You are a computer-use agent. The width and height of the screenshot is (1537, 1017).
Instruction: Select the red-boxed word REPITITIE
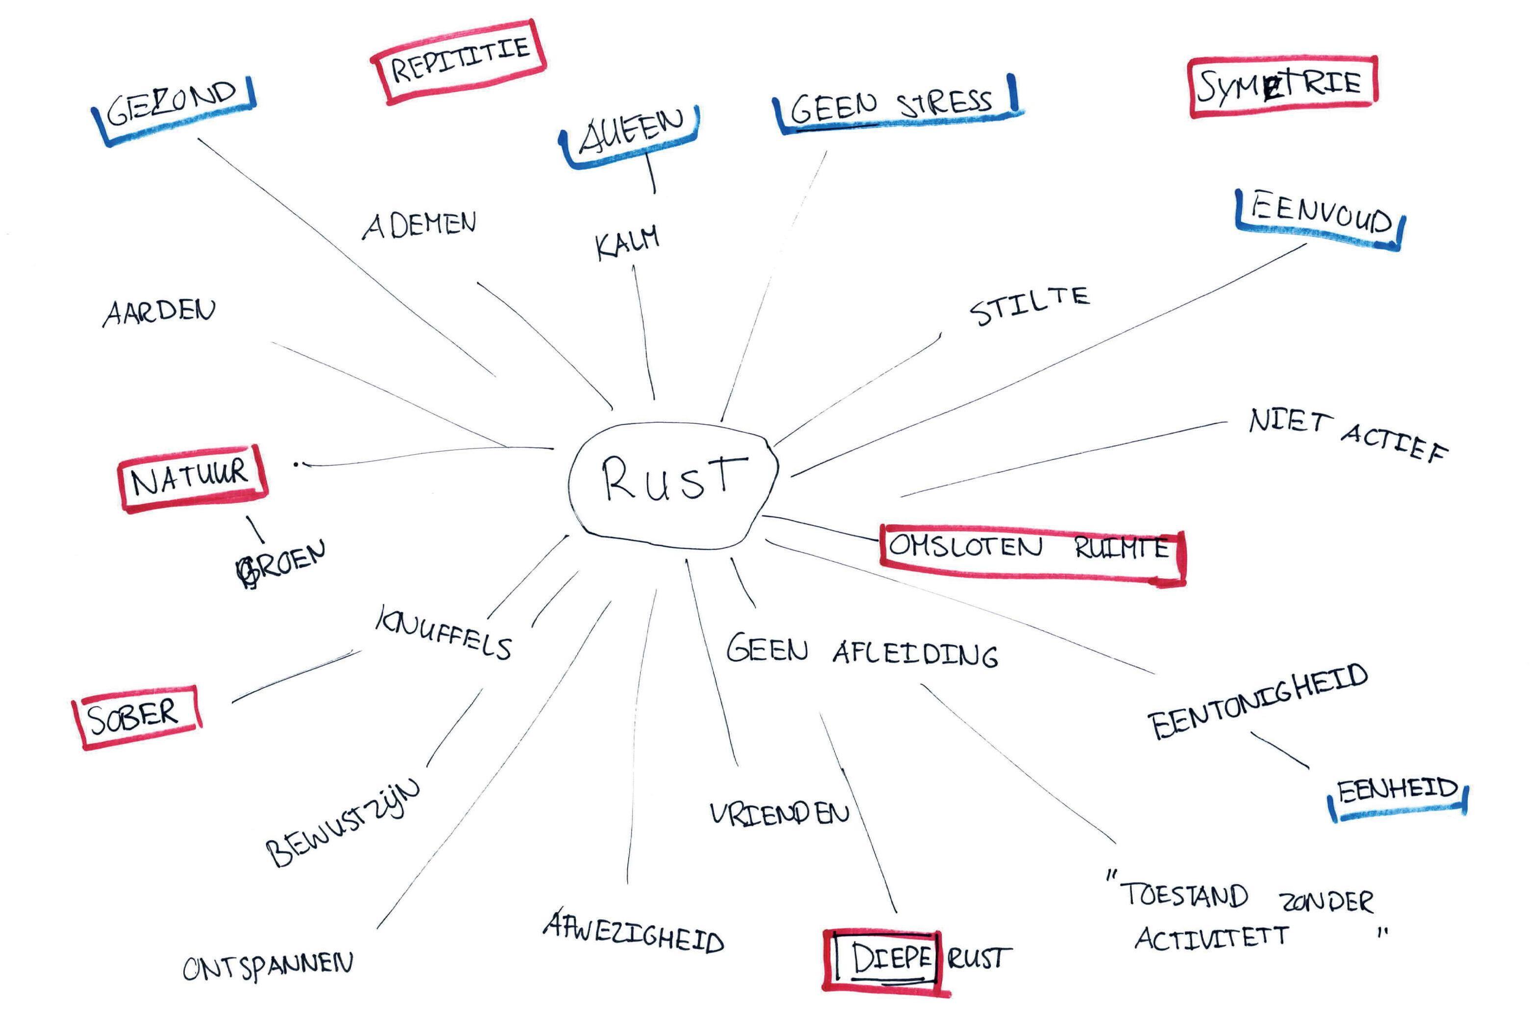[x=459, y=60]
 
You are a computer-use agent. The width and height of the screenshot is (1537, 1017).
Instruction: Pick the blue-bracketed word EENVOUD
[x=1321, y=215]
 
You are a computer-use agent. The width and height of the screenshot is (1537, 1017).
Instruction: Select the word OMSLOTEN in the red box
[x=965, y=546]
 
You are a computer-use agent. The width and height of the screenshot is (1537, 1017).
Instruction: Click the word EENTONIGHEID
[x=1258, y=702]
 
